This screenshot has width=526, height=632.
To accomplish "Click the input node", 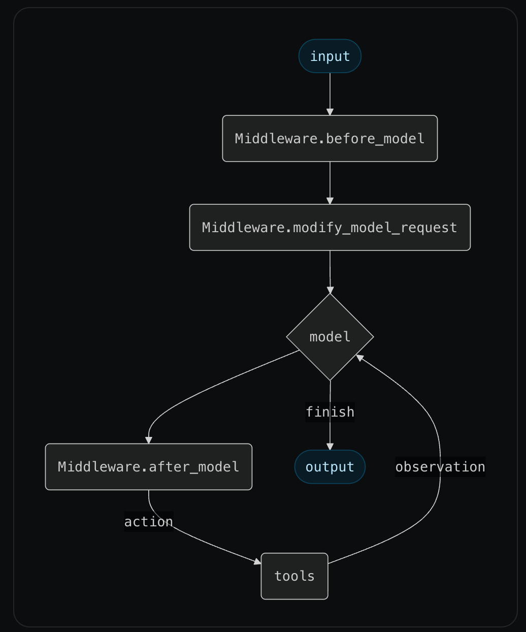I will tap(330, 56).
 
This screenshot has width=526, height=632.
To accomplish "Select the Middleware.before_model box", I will tap(330, 139).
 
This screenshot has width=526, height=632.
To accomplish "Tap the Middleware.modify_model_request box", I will tap(330, 228).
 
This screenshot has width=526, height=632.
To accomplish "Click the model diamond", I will tap(330, 337).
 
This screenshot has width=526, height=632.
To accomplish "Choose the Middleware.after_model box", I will tap(149, 467).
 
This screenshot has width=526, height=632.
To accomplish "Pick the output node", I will tap(330, 467).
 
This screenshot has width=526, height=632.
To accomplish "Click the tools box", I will tap(294, 576).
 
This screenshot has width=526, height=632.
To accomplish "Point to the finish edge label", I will tap(330, 412).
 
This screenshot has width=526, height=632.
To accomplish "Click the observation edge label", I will tap(440, 467).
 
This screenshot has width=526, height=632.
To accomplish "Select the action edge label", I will tap(149, 522).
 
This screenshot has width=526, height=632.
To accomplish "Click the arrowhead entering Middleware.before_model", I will tap(330, 112).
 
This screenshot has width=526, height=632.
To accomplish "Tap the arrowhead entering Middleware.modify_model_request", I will tap(330, 201).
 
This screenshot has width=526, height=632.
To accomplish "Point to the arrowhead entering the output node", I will tap(330, 447).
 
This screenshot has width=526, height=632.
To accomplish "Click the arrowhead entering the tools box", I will tap(257, 561).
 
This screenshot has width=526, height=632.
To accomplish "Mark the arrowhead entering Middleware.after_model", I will tap(149, 440).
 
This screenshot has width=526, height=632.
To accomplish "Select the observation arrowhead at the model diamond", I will tap(360, 358).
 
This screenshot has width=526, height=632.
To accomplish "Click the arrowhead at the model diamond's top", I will tap(331, 290).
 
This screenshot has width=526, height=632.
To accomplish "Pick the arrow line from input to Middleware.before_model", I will tap(330, 91).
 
